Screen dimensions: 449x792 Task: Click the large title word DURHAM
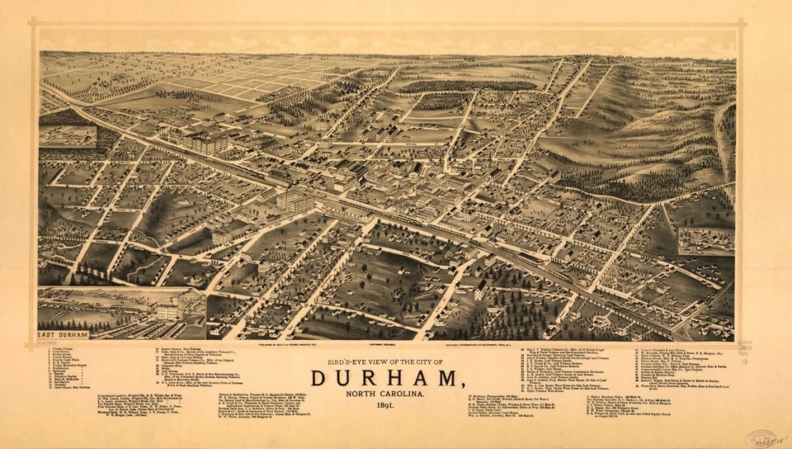point(385,379)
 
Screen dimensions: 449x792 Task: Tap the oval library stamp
point(760,438)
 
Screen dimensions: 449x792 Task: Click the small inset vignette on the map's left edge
point(67,136)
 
